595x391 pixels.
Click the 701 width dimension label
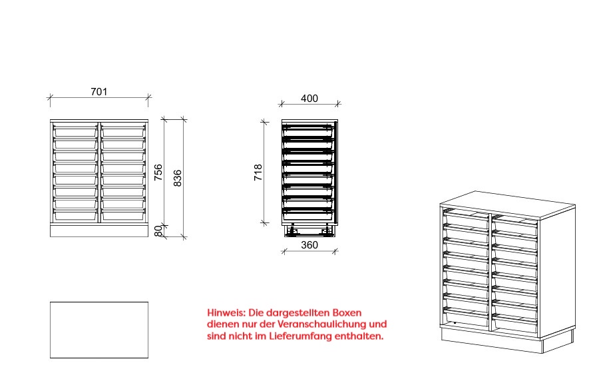[99, 92]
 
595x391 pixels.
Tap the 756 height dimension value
[158, 173]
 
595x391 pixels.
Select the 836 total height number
[177, 178]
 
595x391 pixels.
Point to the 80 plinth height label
[158, 231]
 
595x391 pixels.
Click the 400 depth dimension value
[309, 99]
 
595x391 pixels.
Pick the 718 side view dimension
[258, 173]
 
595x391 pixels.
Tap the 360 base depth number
[309, 245]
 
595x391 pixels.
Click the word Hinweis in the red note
[226, 313]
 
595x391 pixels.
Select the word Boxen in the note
[347, 313]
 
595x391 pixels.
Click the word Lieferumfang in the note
[301, 336]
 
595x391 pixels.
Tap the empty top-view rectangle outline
[99, 302]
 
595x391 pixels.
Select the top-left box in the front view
[75, 131]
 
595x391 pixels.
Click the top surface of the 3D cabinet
[507, 205]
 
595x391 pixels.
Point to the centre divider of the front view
[99, 173]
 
